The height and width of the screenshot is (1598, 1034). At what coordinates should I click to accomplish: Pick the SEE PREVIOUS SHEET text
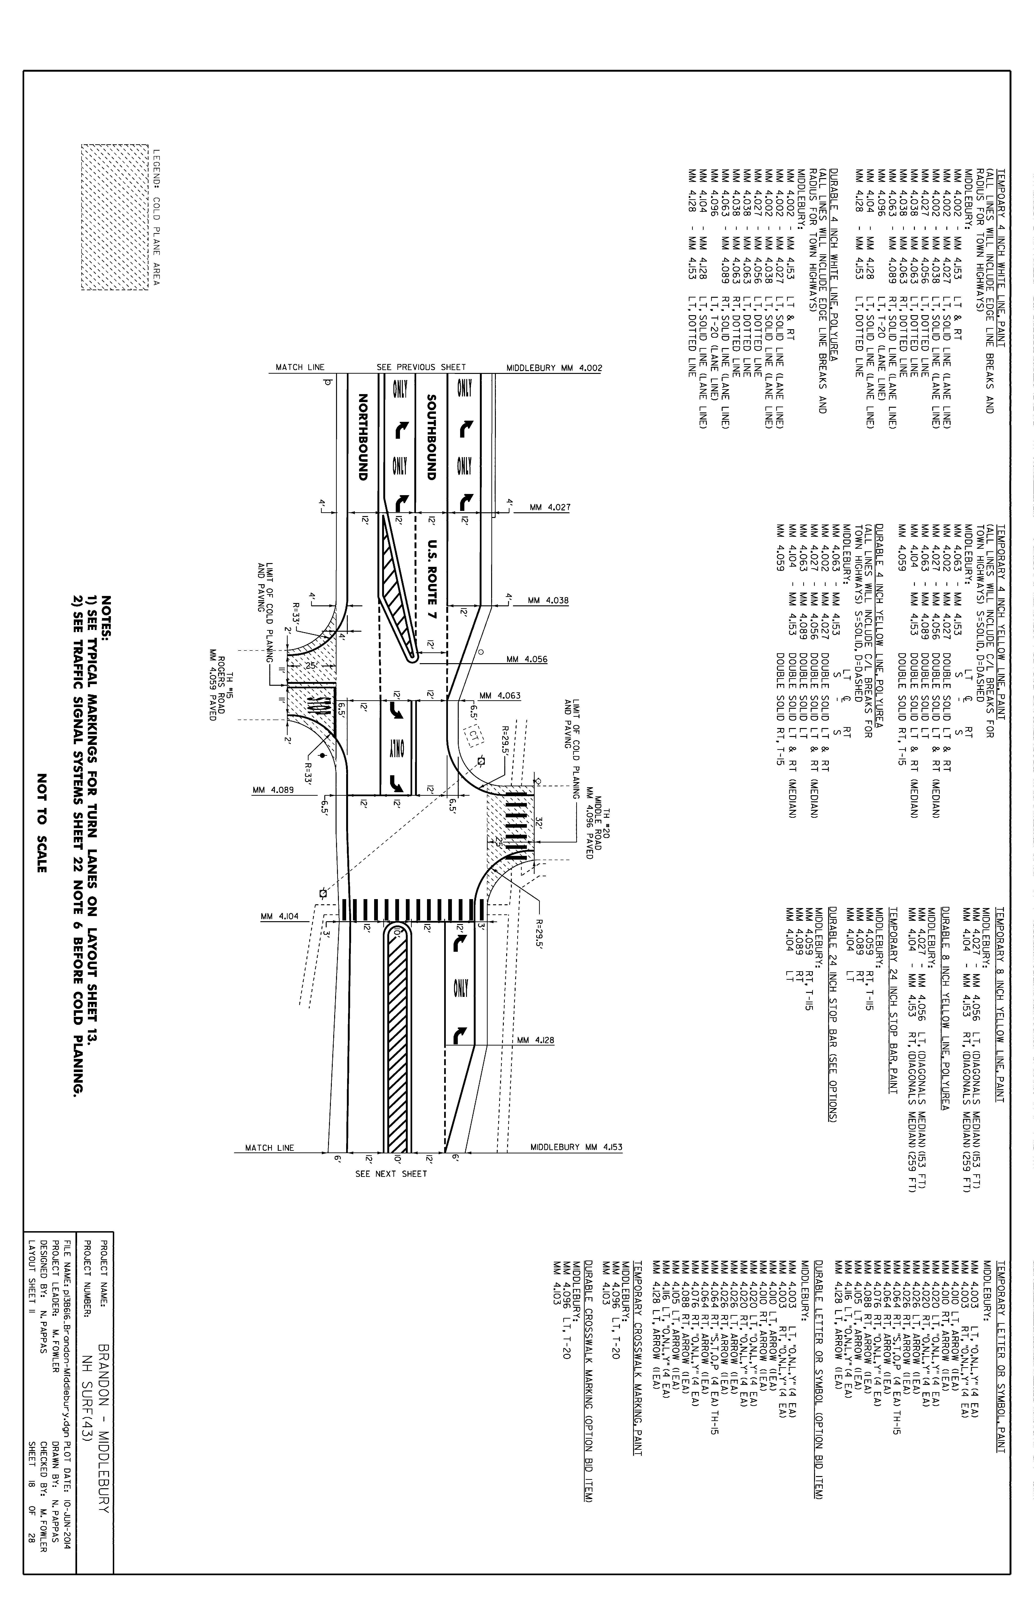tap(421, 367)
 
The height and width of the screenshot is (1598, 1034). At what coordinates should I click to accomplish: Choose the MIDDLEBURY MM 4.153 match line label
tap(576, 1148)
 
